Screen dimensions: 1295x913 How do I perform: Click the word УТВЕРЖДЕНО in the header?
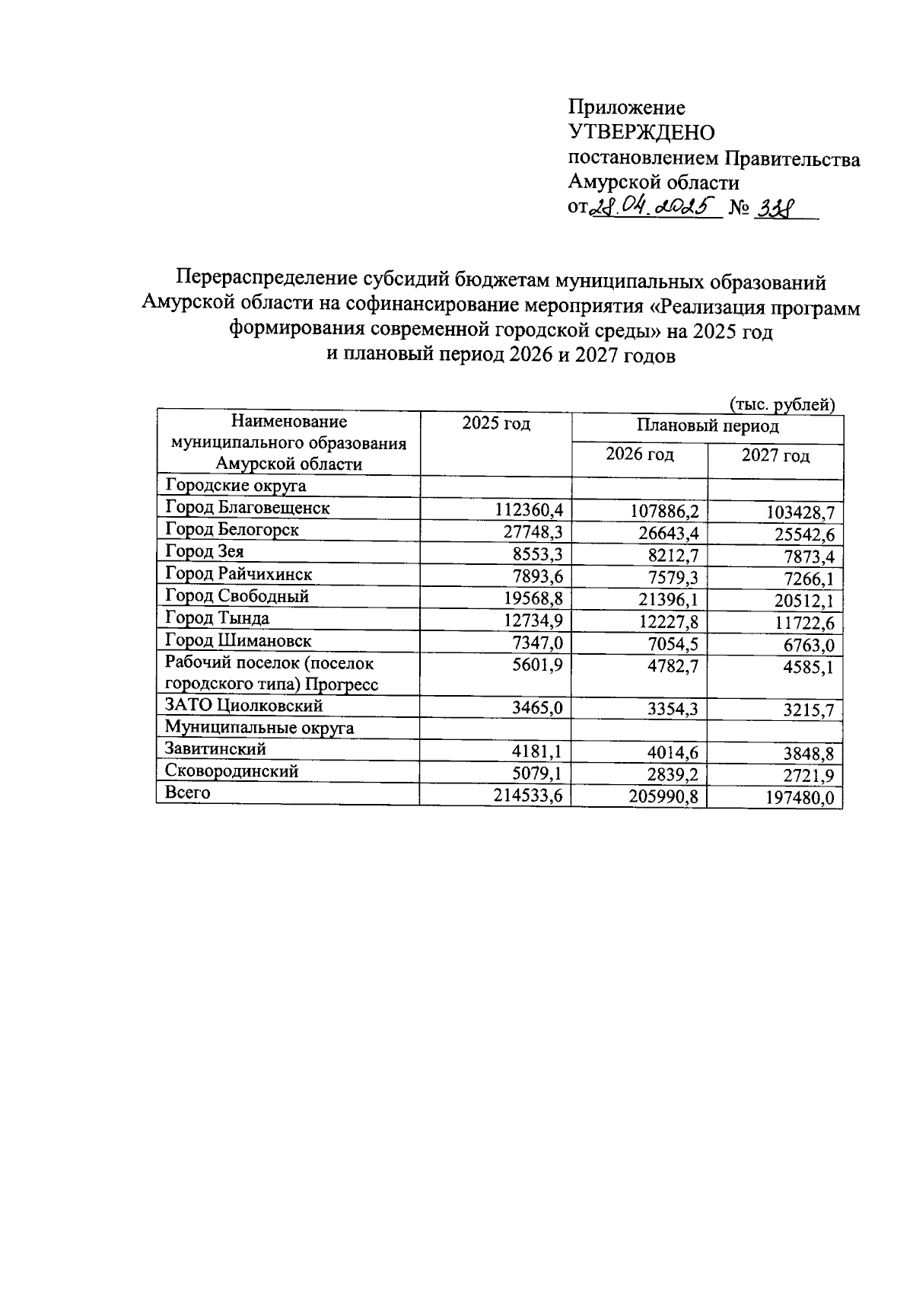(642, 132)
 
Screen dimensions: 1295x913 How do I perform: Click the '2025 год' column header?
(495, 424)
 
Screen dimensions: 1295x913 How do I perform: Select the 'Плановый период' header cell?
(708, 426)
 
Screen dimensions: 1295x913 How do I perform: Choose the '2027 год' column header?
(775, 456)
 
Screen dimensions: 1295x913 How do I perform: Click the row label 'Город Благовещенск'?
(247, 508)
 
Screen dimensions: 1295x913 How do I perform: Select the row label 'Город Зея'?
(205, 552)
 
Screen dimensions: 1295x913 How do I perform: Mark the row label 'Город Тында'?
(217, 618)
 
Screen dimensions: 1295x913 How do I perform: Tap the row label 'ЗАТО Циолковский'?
(243, 706)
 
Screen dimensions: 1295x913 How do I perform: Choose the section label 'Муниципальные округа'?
(259, 728)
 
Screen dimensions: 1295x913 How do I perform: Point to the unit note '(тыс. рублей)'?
(782, 404)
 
